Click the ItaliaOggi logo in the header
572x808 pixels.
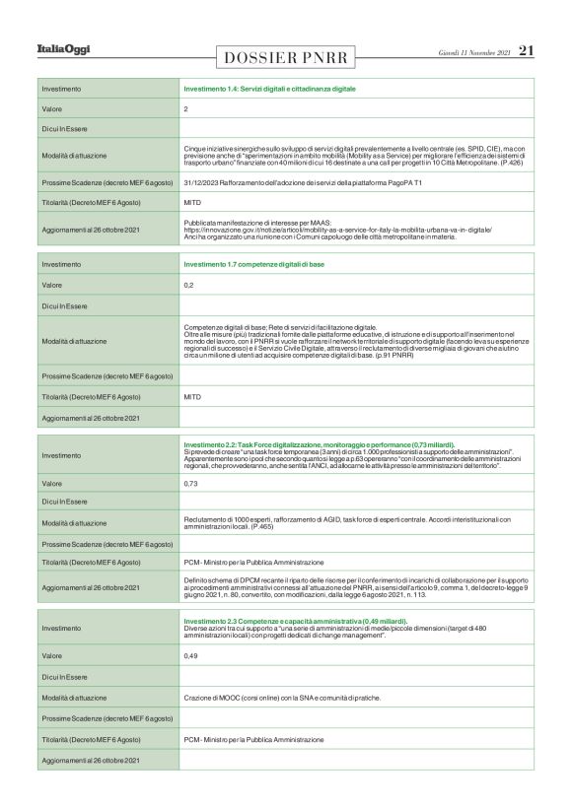coord(63,49)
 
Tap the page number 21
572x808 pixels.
coord(526,50)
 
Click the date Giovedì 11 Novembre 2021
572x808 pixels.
coord(473,51)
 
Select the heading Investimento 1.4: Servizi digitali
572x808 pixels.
coord(269,90)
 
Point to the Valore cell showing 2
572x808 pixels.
coord(185,108)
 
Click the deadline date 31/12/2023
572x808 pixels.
coord(205,182)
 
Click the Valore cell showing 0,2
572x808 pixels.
coord(188,285)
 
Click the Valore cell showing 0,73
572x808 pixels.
coord(190,484)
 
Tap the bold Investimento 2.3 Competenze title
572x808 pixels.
coord(295,621)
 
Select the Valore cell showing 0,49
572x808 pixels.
coord(190,655)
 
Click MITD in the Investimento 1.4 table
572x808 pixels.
coord(192,202)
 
